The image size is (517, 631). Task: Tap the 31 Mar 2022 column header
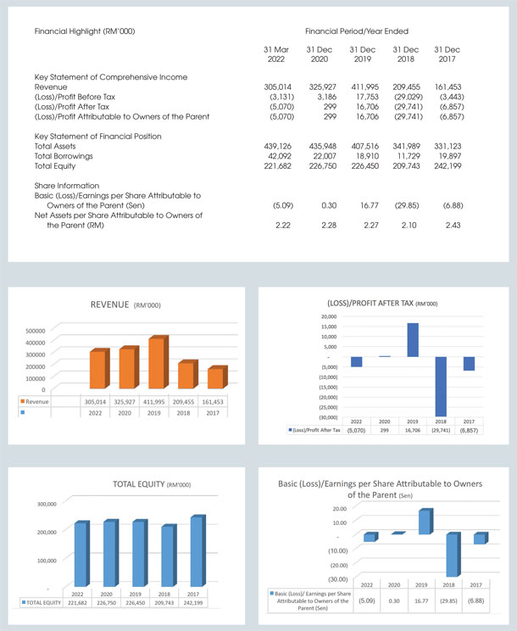point(277,55)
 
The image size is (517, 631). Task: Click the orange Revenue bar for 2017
point(217,378)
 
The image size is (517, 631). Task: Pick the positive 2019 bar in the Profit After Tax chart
point(412,340)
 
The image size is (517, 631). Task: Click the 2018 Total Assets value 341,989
point(406,146)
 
